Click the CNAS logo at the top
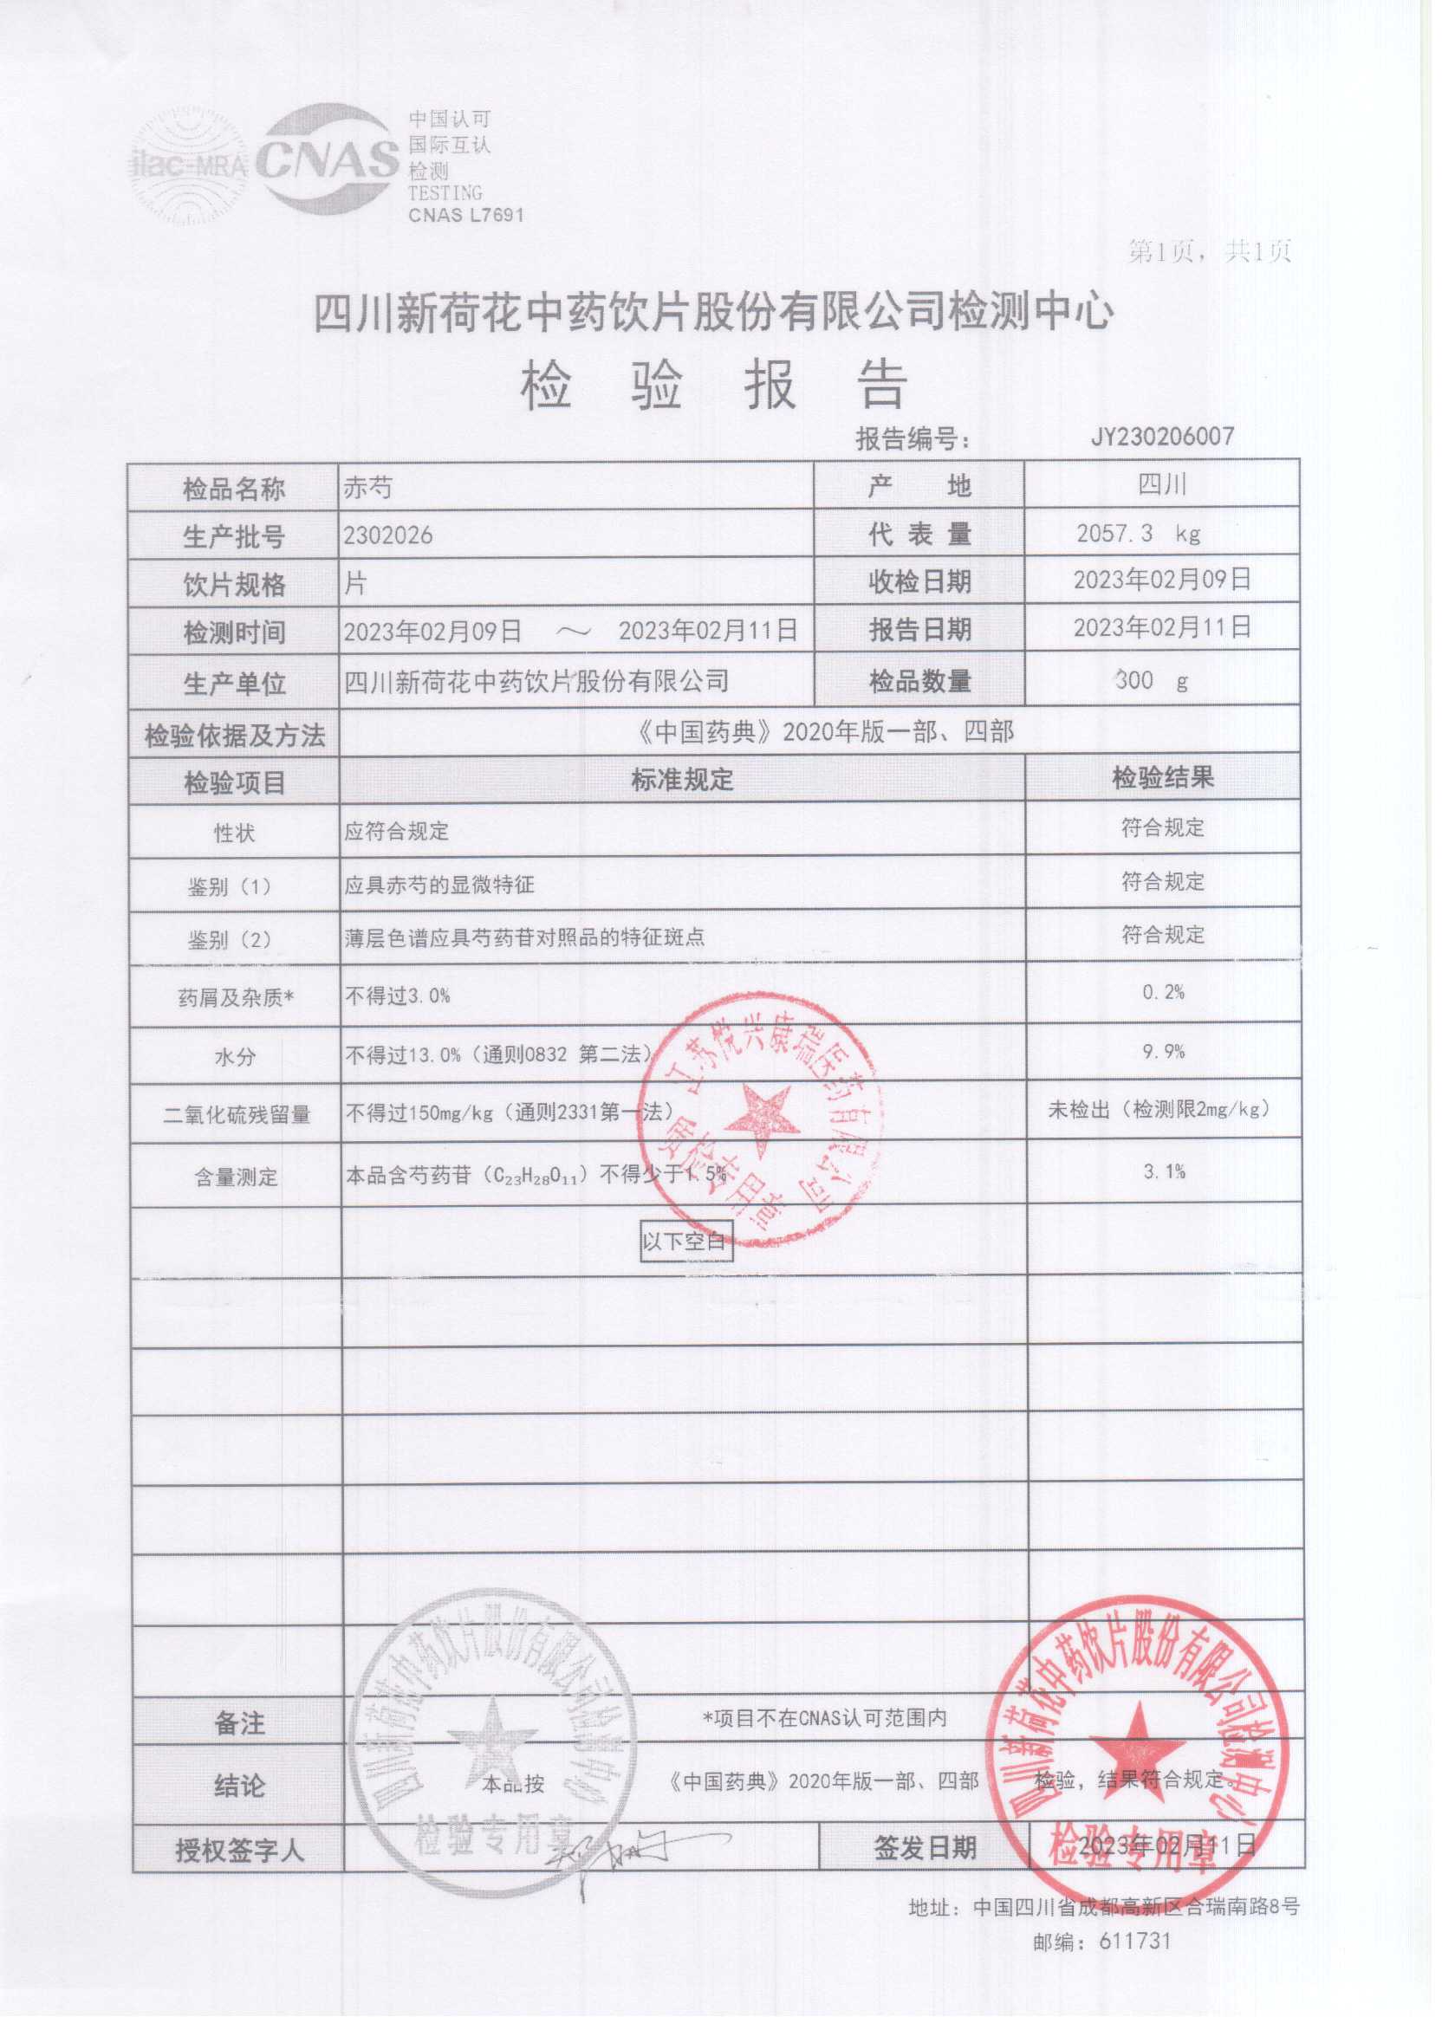(327, 160)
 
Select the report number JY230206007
(1162, 436)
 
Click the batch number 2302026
(388, 535)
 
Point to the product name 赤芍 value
(367, 488)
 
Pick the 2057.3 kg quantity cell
(1138, 533)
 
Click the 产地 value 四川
(1161, 484)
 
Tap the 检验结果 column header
(1162, 778)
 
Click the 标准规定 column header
(682, 780)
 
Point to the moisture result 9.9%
(1163, 1052)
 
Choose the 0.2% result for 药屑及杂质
(1163, 992)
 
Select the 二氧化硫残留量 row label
(237, 1115)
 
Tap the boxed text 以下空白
(684, 1240)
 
